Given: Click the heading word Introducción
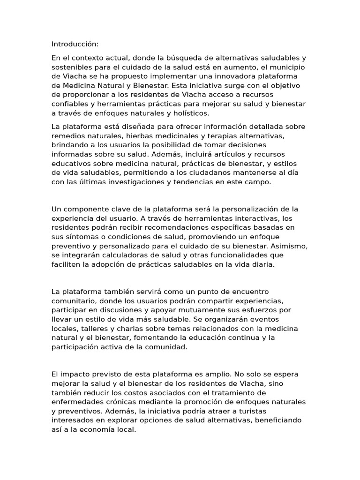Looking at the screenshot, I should pyautogui.click(x=75, y=44).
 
